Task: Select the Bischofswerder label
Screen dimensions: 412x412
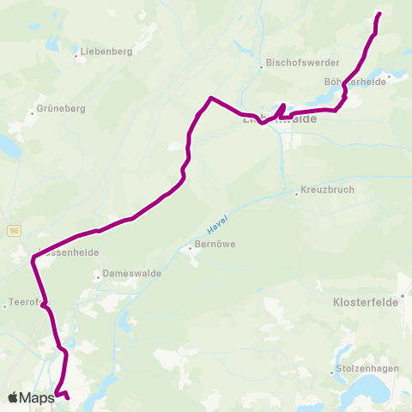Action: point(305,64)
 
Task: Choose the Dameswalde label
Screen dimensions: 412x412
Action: point(126,275)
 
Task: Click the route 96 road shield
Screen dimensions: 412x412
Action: point(15,231)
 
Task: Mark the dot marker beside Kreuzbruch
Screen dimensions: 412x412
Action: point(296,192)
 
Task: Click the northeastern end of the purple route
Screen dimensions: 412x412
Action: point(379,14)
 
